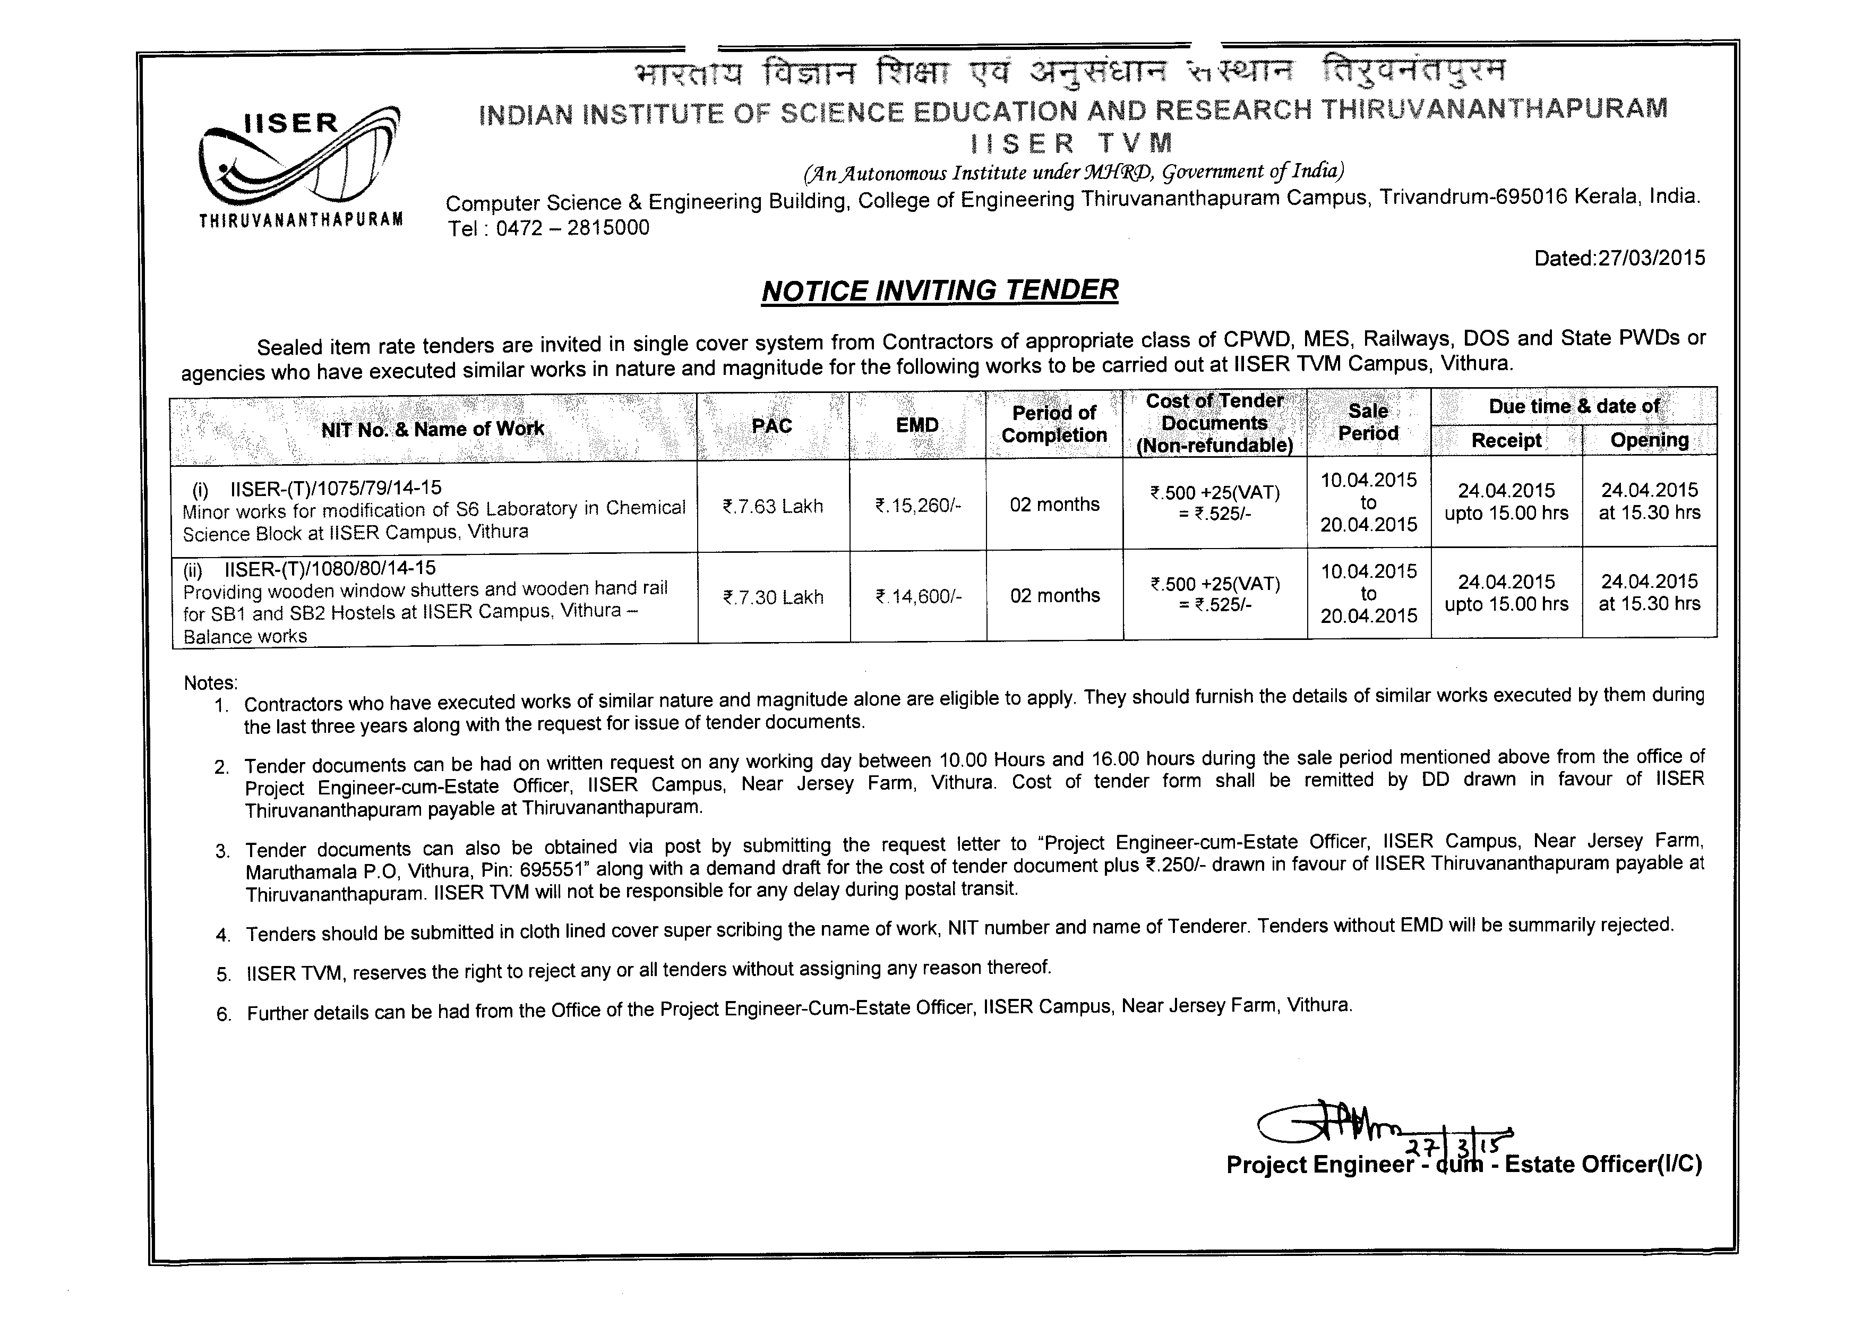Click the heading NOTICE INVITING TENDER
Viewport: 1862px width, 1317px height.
940,290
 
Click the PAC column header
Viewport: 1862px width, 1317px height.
771,426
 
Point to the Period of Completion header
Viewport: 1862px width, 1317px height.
1053,424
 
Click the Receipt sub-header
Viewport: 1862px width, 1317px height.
1506,440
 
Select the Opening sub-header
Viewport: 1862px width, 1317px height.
1650,440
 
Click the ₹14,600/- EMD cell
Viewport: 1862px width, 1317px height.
918,597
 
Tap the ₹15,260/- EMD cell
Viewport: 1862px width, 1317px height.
918,506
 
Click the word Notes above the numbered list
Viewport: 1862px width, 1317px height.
210,683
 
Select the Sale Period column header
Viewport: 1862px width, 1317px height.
1368,423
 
